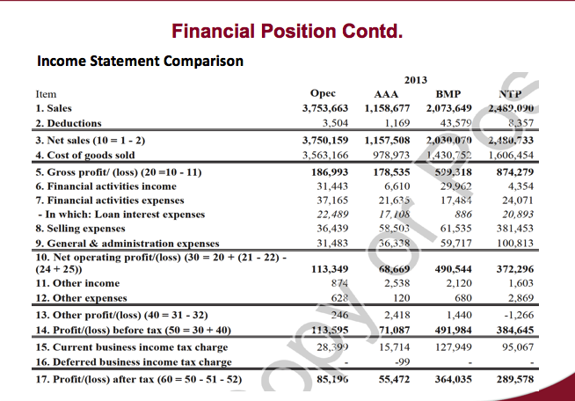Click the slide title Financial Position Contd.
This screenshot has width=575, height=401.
287,33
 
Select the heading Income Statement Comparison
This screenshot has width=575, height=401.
140,62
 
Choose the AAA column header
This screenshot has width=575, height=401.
387,93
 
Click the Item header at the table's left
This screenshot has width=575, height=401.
45,93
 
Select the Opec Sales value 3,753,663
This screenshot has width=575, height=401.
325,108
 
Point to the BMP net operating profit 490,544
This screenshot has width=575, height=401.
455,269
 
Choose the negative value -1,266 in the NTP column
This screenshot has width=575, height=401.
520,314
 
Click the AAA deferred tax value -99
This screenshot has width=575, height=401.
403,361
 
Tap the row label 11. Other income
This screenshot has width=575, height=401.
77,283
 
